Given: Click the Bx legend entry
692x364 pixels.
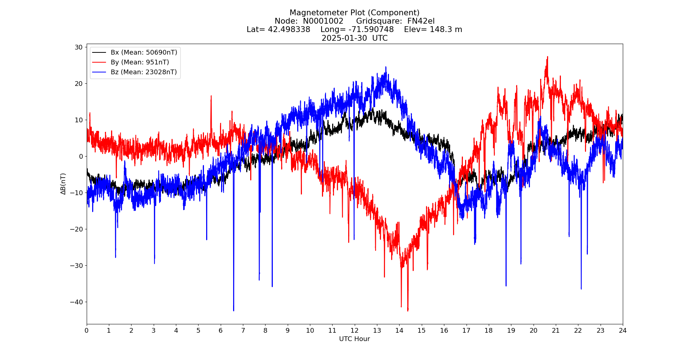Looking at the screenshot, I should pos(143,52).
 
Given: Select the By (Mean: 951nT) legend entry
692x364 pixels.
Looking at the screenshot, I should pos(139,62).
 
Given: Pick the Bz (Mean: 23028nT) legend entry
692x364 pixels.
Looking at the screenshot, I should pos(143,72).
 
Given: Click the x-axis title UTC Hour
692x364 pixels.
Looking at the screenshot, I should pos(354,339).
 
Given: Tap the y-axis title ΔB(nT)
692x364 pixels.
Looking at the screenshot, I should pos(63,184).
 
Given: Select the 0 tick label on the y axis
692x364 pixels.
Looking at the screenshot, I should pos(81,156).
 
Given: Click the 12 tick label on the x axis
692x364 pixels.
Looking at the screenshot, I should pos(354,331).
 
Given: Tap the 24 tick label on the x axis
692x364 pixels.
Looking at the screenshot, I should pos(622,331).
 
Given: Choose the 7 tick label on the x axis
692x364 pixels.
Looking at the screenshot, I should pos(243,331).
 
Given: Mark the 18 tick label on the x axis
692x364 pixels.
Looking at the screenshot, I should pos(488,331).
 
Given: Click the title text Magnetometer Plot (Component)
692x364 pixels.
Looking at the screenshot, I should pos(354,13).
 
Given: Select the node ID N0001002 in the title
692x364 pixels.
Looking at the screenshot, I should pos(323,21).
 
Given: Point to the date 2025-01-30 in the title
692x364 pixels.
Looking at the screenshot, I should pos(344,38).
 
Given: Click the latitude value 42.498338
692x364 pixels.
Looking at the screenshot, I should pos(289,29).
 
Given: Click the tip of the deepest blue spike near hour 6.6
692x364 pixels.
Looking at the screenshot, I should pos(233,310).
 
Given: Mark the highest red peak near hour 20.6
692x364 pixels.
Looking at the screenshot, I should pos(547,57).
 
